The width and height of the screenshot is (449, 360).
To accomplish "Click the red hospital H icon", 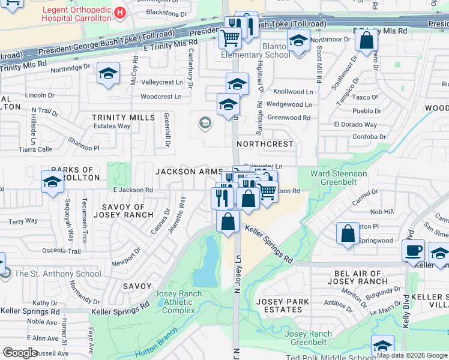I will coord(121,12).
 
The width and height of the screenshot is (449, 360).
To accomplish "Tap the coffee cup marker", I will coord(413,251).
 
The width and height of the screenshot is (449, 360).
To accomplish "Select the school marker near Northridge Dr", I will coord(108,74).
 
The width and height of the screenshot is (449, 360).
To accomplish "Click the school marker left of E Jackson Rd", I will coord(52,181).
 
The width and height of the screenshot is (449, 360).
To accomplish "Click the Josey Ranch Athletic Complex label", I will coord(175,302).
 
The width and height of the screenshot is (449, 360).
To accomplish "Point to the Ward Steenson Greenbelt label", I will coord(339,178).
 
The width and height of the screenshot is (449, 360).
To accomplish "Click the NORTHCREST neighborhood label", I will coord(265,145).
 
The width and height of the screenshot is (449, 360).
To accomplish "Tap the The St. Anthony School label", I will coord(58,274).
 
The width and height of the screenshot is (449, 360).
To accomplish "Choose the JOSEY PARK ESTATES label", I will coord(283,305).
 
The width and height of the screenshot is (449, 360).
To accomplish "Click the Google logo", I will coord(20,353).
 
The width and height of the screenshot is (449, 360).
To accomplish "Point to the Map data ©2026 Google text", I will coord(412,355).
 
